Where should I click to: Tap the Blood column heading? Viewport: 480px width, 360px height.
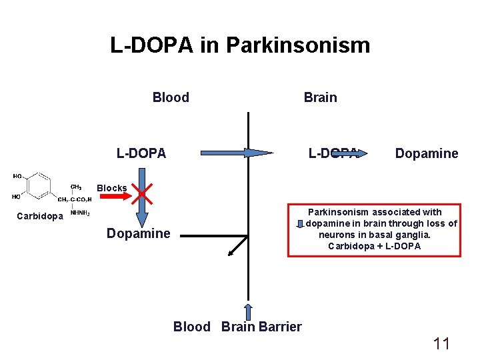(x=171, y=97)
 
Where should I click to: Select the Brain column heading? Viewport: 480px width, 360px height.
(x=320, y=97)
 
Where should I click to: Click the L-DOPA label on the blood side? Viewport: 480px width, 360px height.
(x=141, y=153)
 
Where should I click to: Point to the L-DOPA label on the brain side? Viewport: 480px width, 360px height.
(x=333, y=153)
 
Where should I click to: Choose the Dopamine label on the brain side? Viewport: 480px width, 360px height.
(x=427, y=153)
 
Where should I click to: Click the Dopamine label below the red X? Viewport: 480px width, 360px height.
(x=139, y=233)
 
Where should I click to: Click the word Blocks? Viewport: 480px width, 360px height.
(x=111, y=188)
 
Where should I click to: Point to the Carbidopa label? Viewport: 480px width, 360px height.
(x=40, y=216)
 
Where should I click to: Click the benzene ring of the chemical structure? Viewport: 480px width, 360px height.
(x=39, y=186)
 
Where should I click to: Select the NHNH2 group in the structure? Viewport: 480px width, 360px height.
(x=80, y=213)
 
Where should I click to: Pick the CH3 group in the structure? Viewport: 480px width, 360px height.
(x=76, y=186)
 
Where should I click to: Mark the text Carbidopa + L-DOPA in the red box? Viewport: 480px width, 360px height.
(x=374, y=246)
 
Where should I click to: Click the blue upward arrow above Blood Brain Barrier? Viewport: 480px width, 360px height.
(x=249, y=311)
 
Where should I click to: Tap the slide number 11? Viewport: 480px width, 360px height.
(x=441, y=344)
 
